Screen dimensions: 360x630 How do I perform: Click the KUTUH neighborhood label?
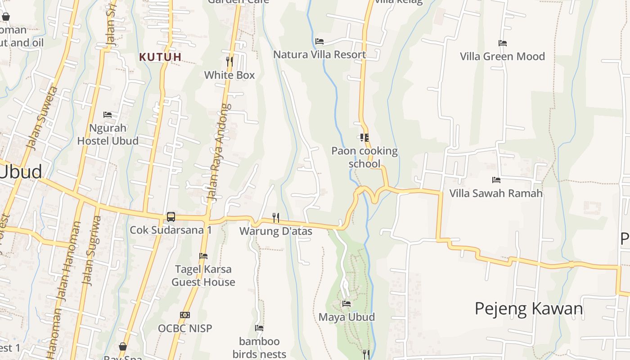pos(160,57)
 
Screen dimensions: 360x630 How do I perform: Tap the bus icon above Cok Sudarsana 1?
pos(171,217)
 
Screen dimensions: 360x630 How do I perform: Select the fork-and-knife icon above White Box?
pos(229,62)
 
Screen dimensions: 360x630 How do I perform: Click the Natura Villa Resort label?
pos(319,55)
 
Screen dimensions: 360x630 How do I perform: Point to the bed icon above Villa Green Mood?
pos(503,43)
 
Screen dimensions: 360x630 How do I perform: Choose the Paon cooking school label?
pos(364,157)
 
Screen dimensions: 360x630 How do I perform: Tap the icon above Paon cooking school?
pos(364,138)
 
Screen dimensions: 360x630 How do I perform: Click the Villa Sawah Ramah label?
pos(496,193)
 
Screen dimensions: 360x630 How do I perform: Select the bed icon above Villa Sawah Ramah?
pos(496,180)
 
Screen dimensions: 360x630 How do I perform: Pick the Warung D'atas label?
pos(276,231)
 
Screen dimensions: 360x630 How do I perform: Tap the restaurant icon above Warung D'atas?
pos(276,218)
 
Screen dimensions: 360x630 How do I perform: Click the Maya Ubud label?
pos(346,317)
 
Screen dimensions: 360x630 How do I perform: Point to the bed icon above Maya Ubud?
pos(346,304)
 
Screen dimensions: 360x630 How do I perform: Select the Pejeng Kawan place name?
pos(529,309)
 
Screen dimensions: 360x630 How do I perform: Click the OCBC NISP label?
pos(184,328)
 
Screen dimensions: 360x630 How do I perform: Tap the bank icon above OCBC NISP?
pos(184,315)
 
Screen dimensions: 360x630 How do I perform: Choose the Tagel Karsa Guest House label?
pos(203,276)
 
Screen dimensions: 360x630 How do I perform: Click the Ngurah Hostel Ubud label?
pos(108,135)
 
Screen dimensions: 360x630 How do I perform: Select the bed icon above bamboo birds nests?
pos(259,328)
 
